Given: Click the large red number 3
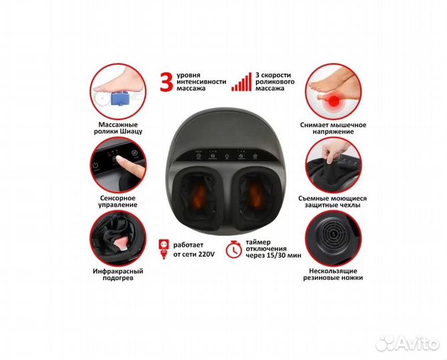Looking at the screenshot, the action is pos(167,81).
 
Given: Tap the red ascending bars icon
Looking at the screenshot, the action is pos(242,82).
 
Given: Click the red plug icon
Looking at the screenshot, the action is pos(163,249).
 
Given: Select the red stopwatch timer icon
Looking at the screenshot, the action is pos(234,249).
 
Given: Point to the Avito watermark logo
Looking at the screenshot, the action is pos(408,343).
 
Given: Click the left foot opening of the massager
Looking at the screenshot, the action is pos(199,197).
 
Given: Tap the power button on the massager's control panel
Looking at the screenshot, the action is pos(227,156).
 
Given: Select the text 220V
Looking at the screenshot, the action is pos(206,254).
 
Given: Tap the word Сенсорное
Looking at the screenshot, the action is pos(117,198).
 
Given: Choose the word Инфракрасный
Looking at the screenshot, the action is pos(117,271).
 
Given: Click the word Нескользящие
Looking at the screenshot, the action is pos(333,271).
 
